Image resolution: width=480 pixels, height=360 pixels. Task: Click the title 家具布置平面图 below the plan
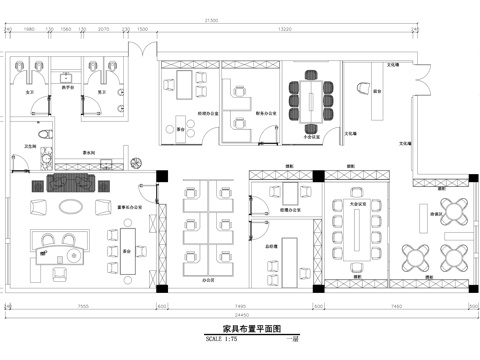tap(240, 327)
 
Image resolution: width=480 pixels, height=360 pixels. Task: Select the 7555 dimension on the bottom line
tap(85, 304)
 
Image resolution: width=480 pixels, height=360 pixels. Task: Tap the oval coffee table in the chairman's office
tap(72, 206)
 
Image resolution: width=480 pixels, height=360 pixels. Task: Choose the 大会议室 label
tap(356, 204)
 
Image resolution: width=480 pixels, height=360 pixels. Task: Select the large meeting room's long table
tap(357, 232)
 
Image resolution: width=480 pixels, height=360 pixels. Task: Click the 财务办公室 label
tap(265, 113)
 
